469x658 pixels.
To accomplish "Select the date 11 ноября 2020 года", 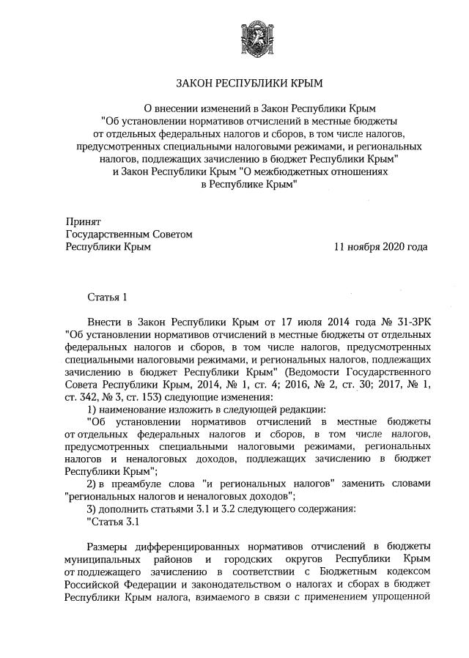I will pyautogui.click(x=380, y=247).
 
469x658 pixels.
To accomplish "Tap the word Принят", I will pyautogui.click(x=82, y=221).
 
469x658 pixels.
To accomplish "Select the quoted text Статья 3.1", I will pyautogui.click(x=112, y=522).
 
